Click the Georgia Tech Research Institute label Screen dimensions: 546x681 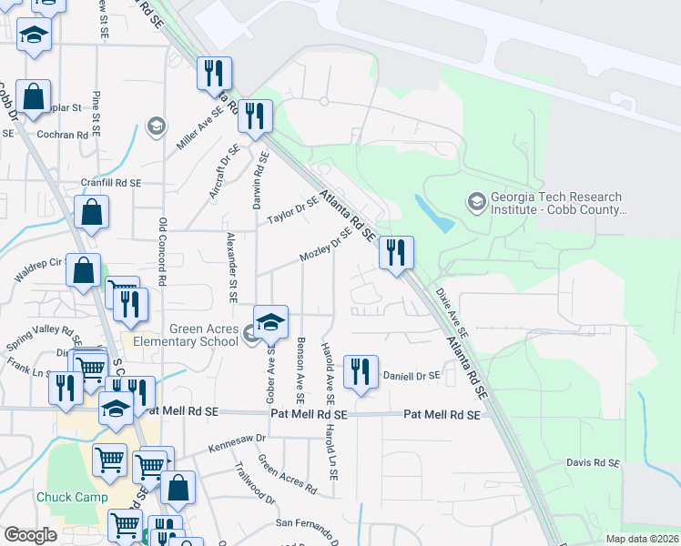[556, 203]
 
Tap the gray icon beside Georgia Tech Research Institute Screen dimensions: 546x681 [476, 202]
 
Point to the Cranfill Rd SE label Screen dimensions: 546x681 [111, 183]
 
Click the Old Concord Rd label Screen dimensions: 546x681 [162, 252]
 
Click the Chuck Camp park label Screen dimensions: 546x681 [72, 498]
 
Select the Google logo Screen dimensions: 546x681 [30, 535]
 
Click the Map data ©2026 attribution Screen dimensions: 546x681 [642, 539]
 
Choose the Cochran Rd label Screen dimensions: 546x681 [63, 134]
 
